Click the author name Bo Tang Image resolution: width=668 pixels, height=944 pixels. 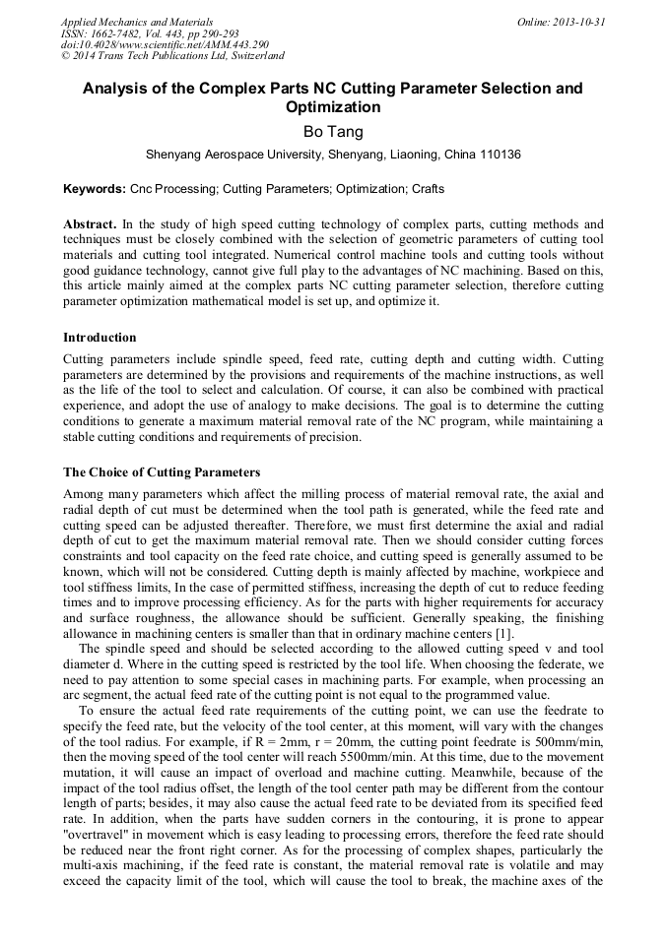(x=333, y=131)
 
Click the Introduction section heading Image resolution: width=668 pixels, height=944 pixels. (x=100, y=338)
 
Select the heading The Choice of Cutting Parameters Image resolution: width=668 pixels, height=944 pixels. (x=162, y=472)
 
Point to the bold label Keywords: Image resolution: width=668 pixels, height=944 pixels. (x=95, y=188)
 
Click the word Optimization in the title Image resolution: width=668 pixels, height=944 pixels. (x=333, y=107)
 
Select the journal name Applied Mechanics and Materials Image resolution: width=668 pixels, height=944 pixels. (x=137, y=22)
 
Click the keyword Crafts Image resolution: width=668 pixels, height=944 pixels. (x=428, y=188)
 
